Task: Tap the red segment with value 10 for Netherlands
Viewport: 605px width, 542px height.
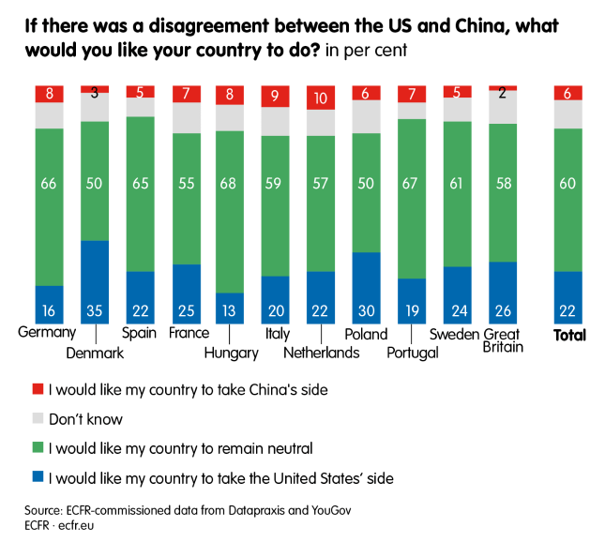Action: click(x=321, y=98)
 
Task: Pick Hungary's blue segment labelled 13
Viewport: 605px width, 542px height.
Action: click(x=231, y=308)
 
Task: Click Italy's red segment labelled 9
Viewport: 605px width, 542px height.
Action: click(x=276, y=96)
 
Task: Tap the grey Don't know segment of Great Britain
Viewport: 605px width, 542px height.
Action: click(x=503, y=107)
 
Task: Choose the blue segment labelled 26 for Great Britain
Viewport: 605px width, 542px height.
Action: click(x=503, y=293)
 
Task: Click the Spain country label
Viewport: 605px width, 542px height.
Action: click(x=140, y=334)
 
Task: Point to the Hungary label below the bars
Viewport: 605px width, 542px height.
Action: click(x=231, y=354)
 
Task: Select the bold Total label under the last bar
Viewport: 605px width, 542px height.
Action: click(x=569, y=335)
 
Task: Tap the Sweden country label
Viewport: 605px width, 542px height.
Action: click(x=454, y=334)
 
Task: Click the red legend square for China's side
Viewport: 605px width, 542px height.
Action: click(x=38, y=388)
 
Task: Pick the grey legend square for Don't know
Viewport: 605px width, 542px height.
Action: click(x=38, y=418)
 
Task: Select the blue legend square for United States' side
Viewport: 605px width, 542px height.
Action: click(x=38, y=478)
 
